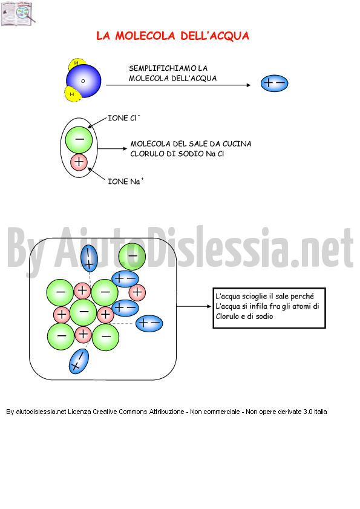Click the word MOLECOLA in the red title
(145, 36)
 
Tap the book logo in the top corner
(18, 14)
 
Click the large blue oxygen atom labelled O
(83, 81)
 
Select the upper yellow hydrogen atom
(77, 64)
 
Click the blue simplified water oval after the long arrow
(274, 84)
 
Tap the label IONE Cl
(123, 118)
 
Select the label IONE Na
(126, 181)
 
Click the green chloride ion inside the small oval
(79, 140)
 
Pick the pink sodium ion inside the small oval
(79, 162)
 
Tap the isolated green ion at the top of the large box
(132, 257)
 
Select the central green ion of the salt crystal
(83, 312)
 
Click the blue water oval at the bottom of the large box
(79, 361)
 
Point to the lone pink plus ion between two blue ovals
(137, 292)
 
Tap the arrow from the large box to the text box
(194, 306)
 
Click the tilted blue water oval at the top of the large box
(89, 258)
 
